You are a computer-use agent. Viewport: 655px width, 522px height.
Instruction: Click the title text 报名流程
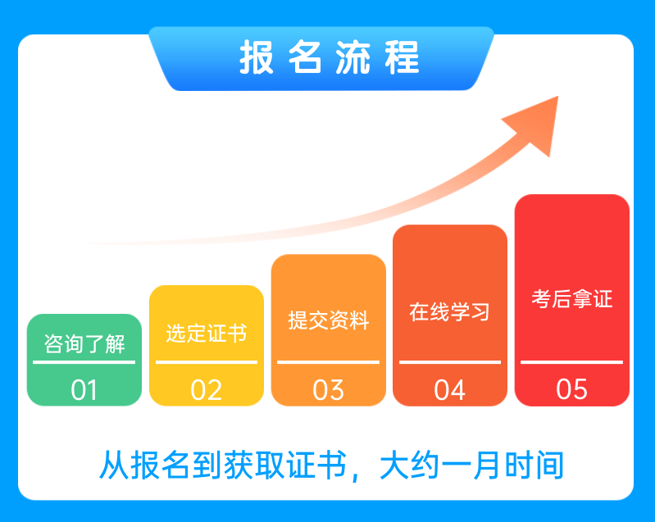click(330, 57)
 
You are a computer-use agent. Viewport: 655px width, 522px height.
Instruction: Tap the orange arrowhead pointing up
click(535, 123)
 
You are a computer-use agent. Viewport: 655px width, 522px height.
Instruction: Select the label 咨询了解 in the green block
click(84, 344)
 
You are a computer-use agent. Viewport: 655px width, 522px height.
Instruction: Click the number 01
click(84, 390)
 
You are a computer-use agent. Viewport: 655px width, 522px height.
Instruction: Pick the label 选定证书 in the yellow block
click(207, 334)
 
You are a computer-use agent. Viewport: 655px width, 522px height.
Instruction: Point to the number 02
click(207, 390)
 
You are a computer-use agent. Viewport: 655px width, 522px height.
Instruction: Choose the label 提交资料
click(329, 320)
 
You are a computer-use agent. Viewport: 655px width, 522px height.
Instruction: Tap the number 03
click(329, 390)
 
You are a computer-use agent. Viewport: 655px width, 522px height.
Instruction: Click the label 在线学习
click(450, 312)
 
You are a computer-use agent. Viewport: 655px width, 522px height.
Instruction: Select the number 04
click(450, 390)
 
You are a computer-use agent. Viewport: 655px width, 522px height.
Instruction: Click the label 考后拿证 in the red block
click(572, 299)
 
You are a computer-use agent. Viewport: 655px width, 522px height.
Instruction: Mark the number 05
click(572, 389)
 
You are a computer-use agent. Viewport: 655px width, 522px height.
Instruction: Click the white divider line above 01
click(84, 362)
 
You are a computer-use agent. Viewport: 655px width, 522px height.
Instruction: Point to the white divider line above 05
click(572, 362)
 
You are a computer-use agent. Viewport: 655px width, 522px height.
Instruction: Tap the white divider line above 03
click(329, 362)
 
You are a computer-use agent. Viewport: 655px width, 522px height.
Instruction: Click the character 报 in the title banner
click(257, 57)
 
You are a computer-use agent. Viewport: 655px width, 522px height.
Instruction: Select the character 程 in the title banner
click(402, 57)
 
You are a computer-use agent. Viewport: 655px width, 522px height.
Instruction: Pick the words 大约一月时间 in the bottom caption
click(471, 465)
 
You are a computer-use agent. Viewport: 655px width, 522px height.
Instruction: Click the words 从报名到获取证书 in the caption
click(223, 465)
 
